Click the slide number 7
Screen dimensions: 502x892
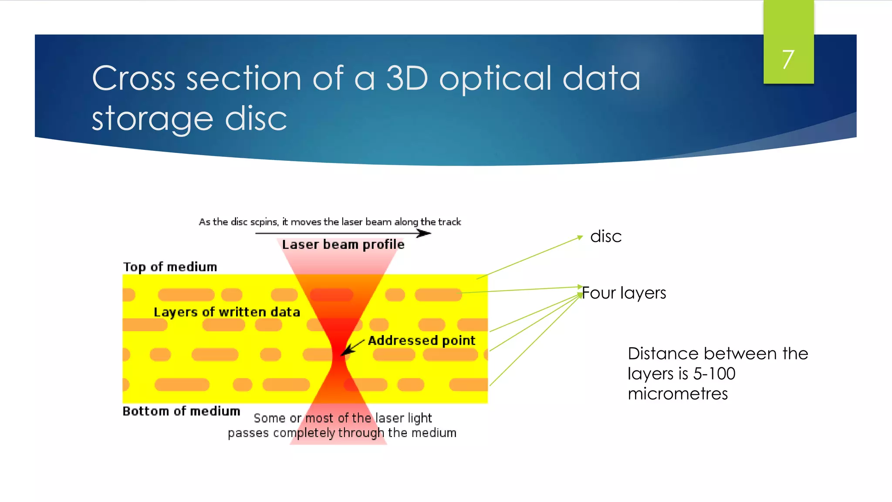788,60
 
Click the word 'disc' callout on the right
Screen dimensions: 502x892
605,237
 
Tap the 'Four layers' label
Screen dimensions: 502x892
624,293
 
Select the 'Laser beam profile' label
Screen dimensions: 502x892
343,244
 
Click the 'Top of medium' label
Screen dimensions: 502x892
170,267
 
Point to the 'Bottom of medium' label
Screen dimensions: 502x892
181,411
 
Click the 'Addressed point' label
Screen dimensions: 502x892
421,340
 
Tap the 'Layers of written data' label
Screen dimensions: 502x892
226,312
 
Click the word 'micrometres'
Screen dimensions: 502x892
677,394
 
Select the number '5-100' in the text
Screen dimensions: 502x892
714,374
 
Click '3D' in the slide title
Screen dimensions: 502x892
407,78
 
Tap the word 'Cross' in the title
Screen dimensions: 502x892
134,78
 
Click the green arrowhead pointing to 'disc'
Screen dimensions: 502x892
580,237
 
